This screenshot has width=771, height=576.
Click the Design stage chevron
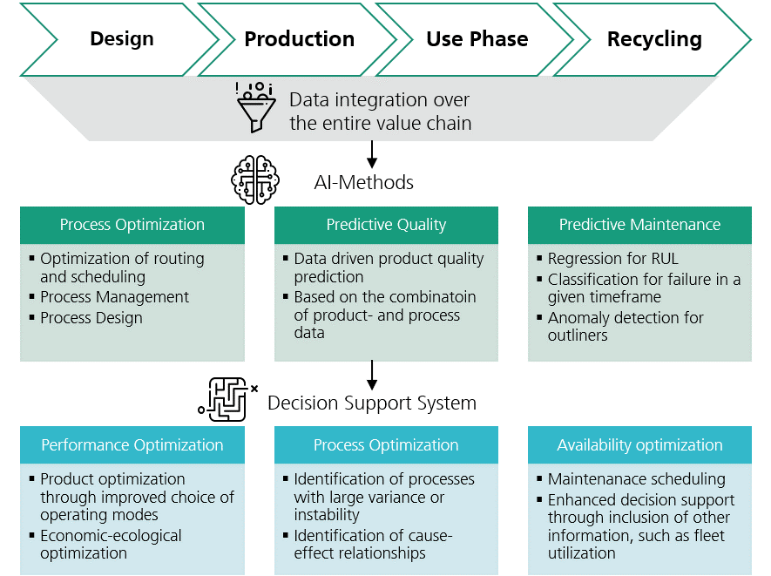coord(121,39)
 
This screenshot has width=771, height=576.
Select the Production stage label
coord(299,39)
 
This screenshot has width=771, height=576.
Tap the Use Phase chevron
coord(477,39)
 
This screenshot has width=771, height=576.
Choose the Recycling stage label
coord(653,39)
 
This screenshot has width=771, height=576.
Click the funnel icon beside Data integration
coord(256,108)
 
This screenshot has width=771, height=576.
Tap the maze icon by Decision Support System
coord(225,400)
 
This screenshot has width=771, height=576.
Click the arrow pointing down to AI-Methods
coord(373,153)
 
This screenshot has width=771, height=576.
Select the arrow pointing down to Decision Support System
coord(373,375)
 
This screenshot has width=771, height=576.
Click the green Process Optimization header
coord(132,225)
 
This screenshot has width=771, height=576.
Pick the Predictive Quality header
coord(386,225)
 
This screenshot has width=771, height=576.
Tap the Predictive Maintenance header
coord(639,225)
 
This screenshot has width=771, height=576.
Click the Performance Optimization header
coord(132,445)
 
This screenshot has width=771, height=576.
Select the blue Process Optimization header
coord(386,445)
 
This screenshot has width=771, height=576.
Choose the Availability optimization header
coord(639,445)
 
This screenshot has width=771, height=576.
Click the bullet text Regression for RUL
coord(612,259)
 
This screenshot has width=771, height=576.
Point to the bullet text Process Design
coord(91,318)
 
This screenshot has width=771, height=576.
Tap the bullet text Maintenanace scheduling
coord(636,479)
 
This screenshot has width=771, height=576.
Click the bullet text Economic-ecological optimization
coord(111,545)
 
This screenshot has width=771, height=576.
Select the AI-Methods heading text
coord(363,182)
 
